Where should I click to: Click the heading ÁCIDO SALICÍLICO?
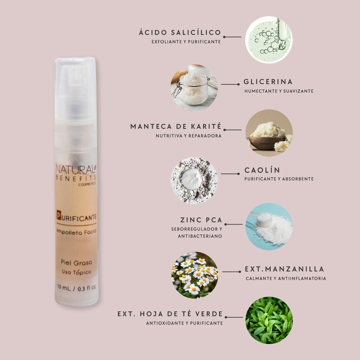point(180,32)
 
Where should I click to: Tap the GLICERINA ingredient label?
point(268,82)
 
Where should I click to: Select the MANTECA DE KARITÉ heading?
point(176,126)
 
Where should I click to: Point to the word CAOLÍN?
point(262,170)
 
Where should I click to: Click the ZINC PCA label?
point(201,220)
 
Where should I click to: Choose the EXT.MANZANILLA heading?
point(284,269)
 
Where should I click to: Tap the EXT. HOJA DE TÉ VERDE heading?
point(170,314)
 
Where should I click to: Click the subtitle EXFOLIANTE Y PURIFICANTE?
point(186,42)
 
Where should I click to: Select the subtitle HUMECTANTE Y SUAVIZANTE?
point(279,91)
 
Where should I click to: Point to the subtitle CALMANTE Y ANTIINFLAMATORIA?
point(286,278)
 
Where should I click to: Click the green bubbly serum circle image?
point(269,40)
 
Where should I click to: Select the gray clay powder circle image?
point(194,180)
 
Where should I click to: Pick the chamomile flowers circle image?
point(195,275)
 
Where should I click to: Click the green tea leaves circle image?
point(269,320)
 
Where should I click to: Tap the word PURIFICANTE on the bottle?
point(77,217)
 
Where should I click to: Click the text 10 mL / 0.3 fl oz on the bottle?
point(76,288)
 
